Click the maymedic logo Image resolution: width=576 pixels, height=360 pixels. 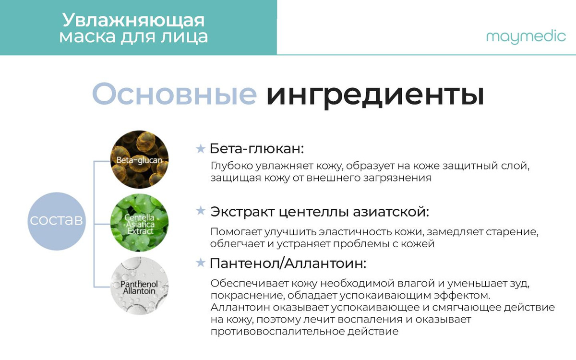526,37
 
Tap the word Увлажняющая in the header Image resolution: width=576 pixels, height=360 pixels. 133,20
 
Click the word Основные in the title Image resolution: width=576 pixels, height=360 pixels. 174,94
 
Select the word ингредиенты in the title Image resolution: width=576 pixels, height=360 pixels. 375,96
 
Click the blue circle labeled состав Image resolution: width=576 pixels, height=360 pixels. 57,221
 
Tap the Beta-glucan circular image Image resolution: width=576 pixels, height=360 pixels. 139,159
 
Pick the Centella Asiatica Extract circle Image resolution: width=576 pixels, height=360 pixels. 139,223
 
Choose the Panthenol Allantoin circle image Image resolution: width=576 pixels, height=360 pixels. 139,286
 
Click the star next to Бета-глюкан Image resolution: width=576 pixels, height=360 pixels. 201,149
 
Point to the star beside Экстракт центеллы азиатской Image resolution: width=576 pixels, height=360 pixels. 201,211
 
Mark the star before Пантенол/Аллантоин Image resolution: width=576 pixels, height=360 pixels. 201,263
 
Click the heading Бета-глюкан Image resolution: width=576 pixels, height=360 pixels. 257,149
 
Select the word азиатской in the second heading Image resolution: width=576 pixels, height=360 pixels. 391,212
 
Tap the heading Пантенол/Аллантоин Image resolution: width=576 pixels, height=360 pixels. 288,264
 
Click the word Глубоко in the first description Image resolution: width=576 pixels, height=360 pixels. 232,167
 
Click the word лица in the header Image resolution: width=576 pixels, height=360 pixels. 184,37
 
